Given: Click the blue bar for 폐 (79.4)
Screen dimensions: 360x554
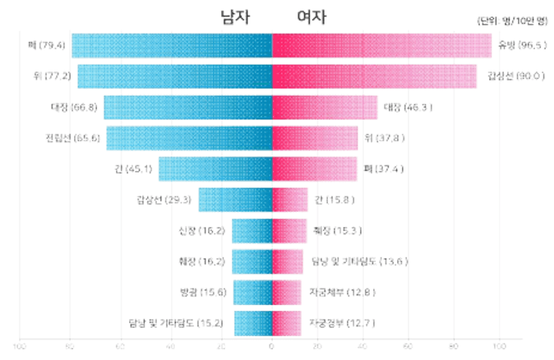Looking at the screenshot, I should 172,45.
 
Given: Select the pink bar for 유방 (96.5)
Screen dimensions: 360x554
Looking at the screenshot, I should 381,45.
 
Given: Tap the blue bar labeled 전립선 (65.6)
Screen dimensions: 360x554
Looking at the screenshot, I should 189,138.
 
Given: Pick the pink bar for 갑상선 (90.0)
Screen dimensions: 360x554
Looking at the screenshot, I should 374,76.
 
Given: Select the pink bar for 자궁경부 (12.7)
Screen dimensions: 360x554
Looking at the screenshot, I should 287,322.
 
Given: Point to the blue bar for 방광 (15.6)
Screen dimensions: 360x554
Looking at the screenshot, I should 252,292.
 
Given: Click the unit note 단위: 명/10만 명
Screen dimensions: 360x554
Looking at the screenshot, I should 510,21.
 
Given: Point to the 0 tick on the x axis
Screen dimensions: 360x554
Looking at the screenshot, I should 272,347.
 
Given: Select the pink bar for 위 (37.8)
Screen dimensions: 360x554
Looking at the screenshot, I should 315,138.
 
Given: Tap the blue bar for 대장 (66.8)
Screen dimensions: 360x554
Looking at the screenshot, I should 188,107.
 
